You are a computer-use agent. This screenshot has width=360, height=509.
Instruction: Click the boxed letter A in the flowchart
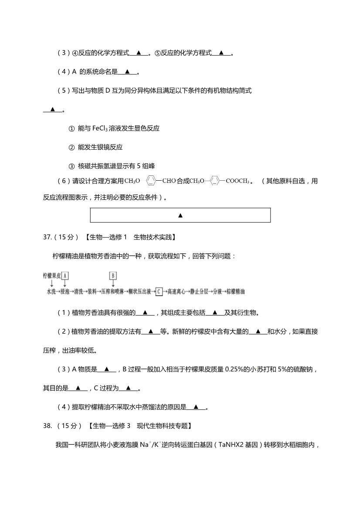click(x=65, y=276)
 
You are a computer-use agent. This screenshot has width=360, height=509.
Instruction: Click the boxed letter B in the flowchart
click(x=113, y=276)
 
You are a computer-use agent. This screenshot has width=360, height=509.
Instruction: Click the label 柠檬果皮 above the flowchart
click(x=51, y=276)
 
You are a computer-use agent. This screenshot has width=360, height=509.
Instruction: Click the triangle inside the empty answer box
click(x=180, y=215)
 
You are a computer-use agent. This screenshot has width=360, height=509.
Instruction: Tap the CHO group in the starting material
click(x=169, y=181)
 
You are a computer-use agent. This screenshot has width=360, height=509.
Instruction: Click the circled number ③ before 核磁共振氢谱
click(x=72, y=166)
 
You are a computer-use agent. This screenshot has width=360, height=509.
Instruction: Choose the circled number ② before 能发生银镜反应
click(x=72, y=147)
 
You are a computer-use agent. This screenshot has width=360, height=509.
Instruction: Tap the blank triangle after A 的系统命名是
click(x=127, y=71)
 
